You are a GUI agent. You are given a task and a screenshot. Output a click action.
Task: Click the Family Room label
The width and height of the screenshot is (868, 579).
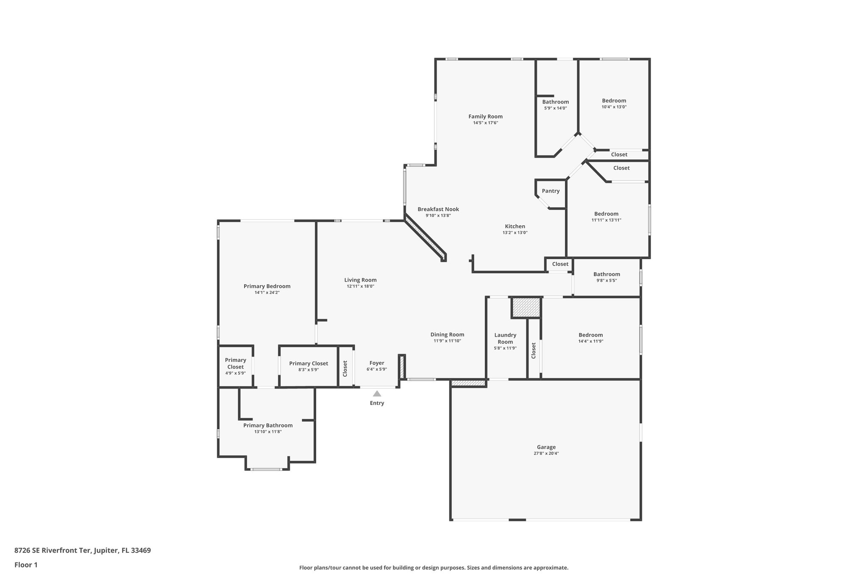click(485, 116)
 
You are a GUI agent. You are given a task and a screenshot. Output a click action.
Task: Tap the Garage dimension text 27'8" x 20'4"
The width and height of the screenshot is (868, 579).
click(546, 453)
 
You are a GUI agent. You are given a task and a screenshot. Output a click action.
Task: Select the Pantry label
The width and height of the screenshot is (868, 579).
click(551, 191)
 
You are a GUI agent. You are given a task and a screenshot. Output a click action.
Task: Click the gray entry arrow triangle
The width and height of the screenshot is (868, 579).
click(377, 394)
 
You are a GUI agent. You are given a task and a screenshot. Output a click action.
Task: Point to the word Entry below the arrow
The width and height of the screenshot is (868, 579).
click(377, 403)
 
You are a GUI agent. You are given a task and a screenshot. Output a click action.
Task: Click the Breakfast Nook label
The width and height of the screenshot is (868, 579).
click(438, 209)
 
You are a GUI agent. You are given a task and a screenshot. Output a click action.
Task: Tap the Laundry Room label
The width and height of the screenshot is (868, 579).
click(505, 338)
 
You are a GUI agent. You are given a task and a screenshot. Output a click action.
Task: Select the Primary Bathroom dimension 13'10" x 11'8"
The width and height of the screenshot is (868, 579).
click(268, 432)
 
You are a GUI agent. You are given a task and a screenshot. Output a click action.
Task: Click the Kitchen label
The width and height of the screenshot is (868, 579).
click(515, 226)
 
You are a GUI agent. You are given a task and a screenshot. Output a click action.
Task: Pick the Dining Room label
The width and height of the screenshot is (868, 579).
click(447, 334)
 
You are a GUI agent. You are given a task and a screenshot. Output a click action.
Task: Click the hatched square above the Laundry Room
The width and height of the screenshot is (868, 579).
click(526, 308)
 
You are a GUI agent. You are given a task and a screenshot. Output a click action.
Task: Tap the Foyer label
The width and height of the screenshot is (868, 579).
click(377, 363)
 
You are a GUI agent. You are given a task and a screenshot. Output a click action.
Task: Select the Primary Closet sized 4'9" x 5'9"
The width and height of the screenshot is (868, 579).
click(235, 364)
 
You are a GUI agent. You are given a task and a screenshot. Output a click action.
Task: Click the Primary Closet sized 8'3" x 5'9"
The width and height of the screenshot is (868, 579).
click(309, 364)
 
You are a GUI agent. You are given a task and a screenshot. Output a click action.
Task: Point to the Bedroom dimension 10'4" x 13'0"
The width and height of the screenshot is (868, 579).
click(614, 107)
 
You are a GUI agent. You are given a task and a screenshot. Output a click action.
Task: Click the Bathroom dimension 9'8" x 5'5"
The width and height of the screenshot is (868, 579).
click(606, 280)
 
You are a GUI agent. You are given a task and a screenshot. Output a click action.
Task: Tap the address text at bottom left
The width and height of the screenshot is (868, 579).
click(83, 550)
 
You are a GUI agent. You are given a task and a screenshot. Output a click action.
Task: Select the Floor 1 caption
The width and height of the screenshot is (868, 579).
click(26, 565)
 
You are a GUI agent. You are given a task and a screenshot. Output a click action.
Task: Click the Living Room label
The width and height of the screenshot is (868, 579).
click(360, 280)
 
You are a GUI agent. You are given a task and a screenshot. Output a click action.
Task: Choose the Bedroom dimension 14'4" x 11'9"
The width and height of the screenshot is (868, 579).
click(590, 341)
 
